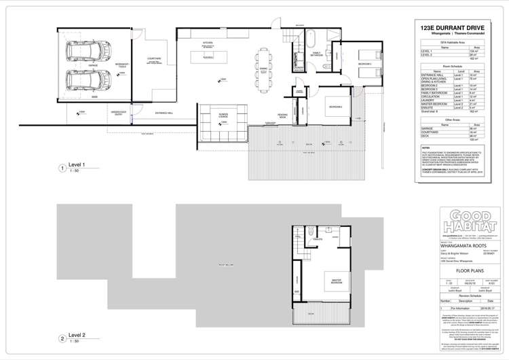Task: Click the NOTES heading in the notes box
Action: click(426, 147)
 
